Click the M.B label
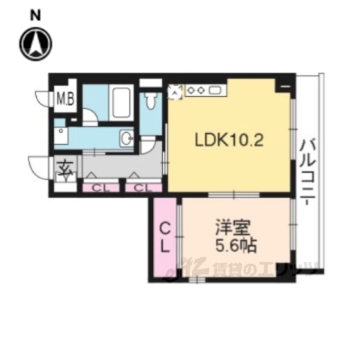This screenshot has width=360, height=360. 65,99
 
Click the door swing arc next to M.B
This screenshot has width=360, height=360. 43,99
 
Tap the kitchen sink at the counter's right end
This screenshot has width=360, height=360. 215,91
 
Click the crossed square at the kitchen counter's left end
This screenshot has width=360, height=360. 175,91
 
